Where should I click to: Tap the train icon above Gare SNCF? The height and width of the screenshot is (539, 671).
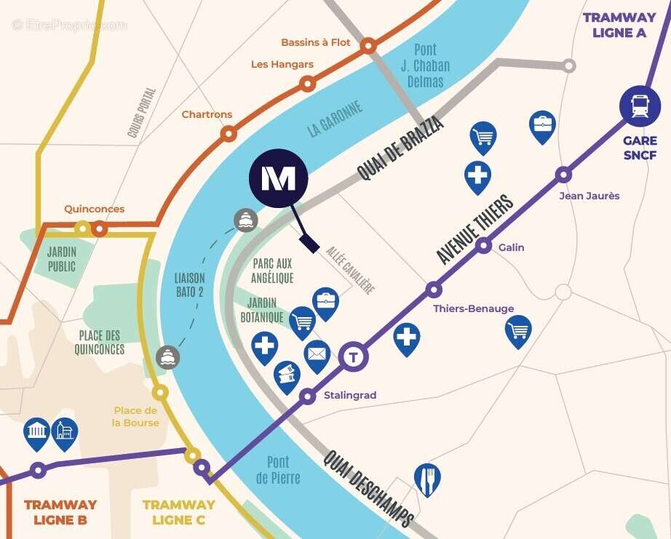tap(640, 107)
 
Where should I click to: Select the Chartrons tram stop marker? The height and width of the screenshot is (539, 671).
tap(229, 133)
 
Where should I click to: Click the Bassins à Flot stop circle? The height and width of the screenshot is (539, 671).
tap(369, 47)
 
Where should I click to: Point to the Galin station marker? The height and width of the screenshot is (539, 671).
tap(484, 246)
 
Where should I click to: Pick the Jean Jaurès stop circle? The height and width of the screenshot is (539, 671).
tap(563, 175)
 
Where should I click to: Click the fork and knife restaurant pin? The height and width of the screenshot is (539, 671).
tap(427, 478)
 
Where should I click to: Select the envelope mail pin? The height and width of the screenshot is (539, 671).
tap(317, 354)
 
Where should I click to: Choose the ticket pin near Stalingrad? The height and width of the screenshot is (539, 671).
tap(287, 375)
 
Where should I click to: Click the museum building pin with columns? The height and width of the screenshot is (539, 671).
tap(36, 432)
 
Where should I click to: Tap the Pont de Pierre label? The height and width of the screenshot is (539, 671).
tap(278, 470)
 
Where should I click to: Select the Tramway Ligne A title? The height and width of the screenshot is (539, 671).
tap(619, 25)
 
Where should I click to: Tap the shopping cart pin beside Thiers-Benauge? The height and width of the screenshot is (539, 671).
tap(518, 330)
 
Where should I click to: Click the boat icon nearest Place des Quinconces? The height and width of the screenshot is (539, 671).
tap(168, 357)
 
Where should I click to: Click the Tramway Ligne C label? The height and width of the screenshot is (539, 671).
tap(178, 512)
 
